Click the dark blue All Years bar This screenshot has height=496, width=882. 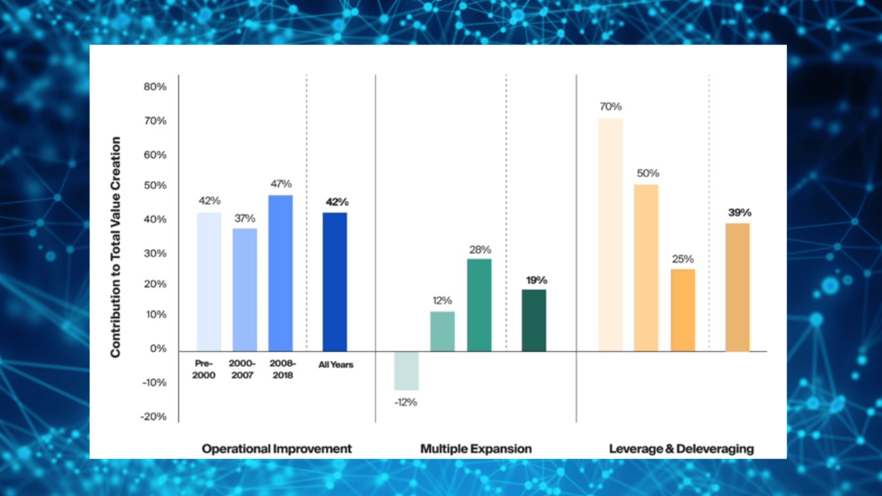point(335,282)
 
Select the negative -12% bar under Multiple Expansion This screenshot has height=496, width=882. point(407,371)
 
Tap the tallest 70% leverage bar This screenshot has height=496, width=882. point(611,234)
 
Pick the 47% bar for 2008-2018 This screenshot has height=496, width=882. point(280,273)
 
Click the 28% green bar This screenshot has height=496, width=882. point(479,305)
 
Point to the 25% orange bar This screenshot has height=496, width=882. point(683,310)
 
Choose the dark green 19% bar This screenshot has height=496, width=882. point(534,320)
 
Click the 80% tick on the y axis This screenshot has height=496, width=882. point(155,87)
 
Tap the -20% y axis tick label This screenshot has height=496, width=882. point(155,417)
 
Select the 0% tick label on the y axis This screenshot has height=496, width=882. point(158,349)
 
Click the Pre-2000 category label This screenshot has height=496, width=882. point(205,369)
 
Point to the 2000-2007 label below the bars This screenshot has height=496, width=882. point(243,369)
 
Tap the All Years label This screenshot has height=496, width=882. point(336,364)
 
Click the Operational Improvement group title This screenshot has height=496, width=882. point(277,448)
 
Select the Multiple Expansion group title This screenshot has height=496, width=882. point(476,448)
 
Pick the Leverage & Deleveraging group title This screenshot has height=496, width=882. point(681,449)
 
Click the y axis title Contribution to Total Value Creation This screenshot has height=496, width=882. point(115,247)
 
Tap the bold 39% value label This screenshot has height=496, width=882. point(739,212)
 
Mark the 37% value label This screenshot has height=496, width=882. point(245,218)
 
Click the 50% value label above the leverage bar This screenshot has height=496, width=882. point(648,173)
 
